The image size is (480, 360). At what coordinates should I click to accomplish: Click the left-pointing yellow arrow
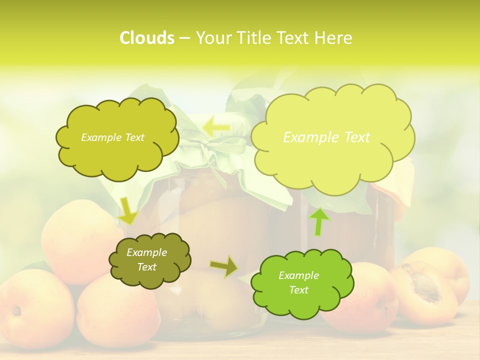[216, 127]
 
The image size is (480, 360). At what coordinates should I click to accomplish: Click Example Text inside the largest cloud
[326, 137]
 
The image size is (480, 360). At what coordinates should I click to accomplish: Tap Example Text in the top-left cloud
[112, 137]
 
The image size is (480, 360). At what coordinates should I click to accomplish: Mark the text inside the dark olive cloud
[146, 260]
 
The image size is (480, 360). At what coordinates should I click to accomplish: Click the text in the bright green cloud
[298, 283]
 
